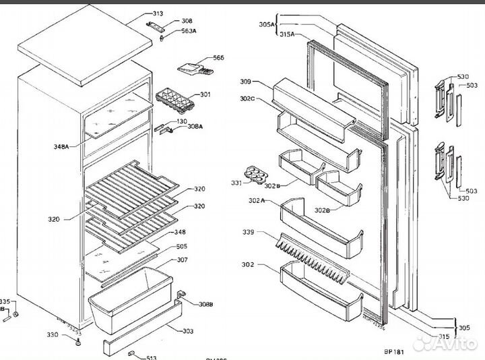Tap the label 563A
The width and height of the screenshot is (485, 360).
click(188, 31)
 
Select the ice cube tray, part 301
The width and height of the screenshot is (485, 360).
click(172, 100)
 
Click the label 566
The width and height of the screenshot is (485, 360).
click(218, 58)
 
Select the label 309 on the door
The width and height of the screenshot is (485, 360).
click(245, 82)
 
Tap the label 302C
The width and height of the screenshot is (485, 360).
click(247, 100)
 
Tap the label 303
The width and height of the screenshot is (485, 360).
click(188, 330)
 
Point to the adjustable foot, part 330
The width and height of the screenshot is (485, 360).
click(78, 343)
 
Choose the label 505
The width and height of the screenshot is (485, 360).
click(182, 246)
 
